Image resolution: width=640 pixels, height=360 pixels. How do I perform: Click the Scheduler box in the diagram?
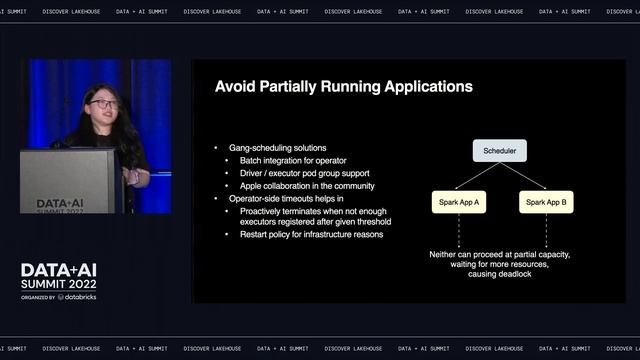pos(499,151)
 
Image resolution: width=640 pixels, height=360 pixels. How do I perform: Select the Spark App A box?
pos(459,202)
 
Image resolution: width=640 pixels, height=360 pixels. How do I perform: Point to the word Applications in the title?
pos(419,87)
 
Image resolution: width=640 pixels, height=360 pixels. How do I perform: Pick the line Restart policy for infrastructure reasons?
pos(311,235)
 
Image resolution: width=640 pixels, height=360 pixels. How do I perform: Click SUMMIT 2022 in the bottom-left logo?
pos(61,284)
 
